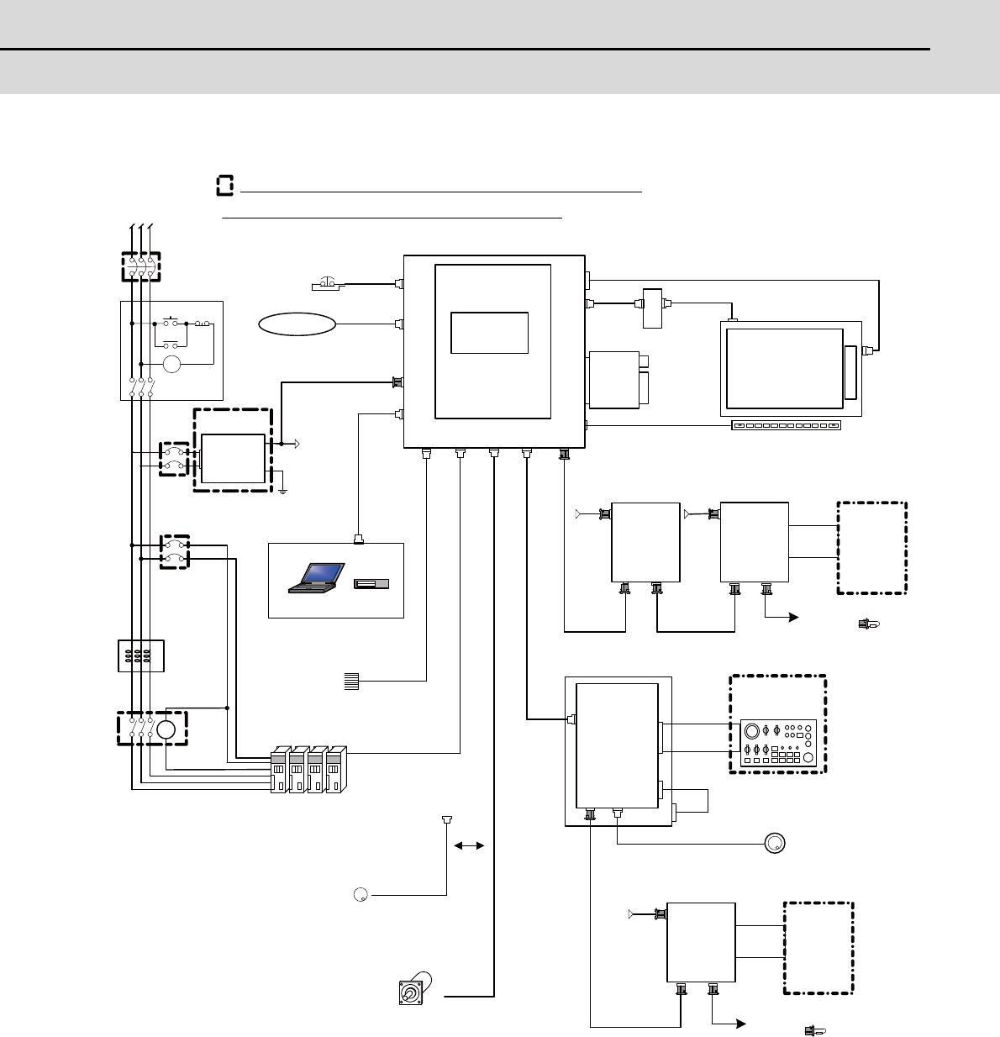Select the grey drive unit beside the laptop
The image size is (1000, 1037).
[371, 584]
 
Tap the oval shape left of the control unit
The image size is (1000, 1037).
[297, 324]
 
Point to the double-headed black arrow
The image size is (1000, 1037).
[469, 846]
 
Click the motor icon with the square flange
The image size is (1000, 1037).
[412, 992]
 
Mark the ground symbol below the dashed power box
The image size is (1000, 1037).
[283, 488]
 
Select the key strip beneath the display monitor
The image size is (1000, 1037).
[786, 426]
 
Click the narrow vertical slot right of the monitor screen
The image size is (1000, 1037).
[850, 372]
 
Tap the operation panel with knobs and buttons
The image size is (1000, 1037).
[777, 743]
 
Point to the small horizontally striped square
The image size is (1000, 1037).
[351, 682]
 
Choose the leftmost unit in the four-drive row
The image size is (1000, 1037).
[279, 769]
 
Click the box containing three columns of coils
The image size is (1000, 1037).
[141, 655]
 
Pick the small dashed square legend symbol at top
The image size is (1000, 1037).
[224, 186]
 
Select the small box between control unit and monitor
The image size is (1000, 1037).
[652, 308]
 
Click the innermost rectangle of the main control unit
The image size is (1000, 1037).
[490, 333]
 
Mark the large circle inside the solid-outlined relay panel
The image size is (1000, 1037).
[172, 364]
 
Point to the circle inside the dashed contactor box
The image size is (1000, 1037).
[166, 729]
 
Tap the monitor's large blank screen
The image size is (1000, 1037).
[784, 369]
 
